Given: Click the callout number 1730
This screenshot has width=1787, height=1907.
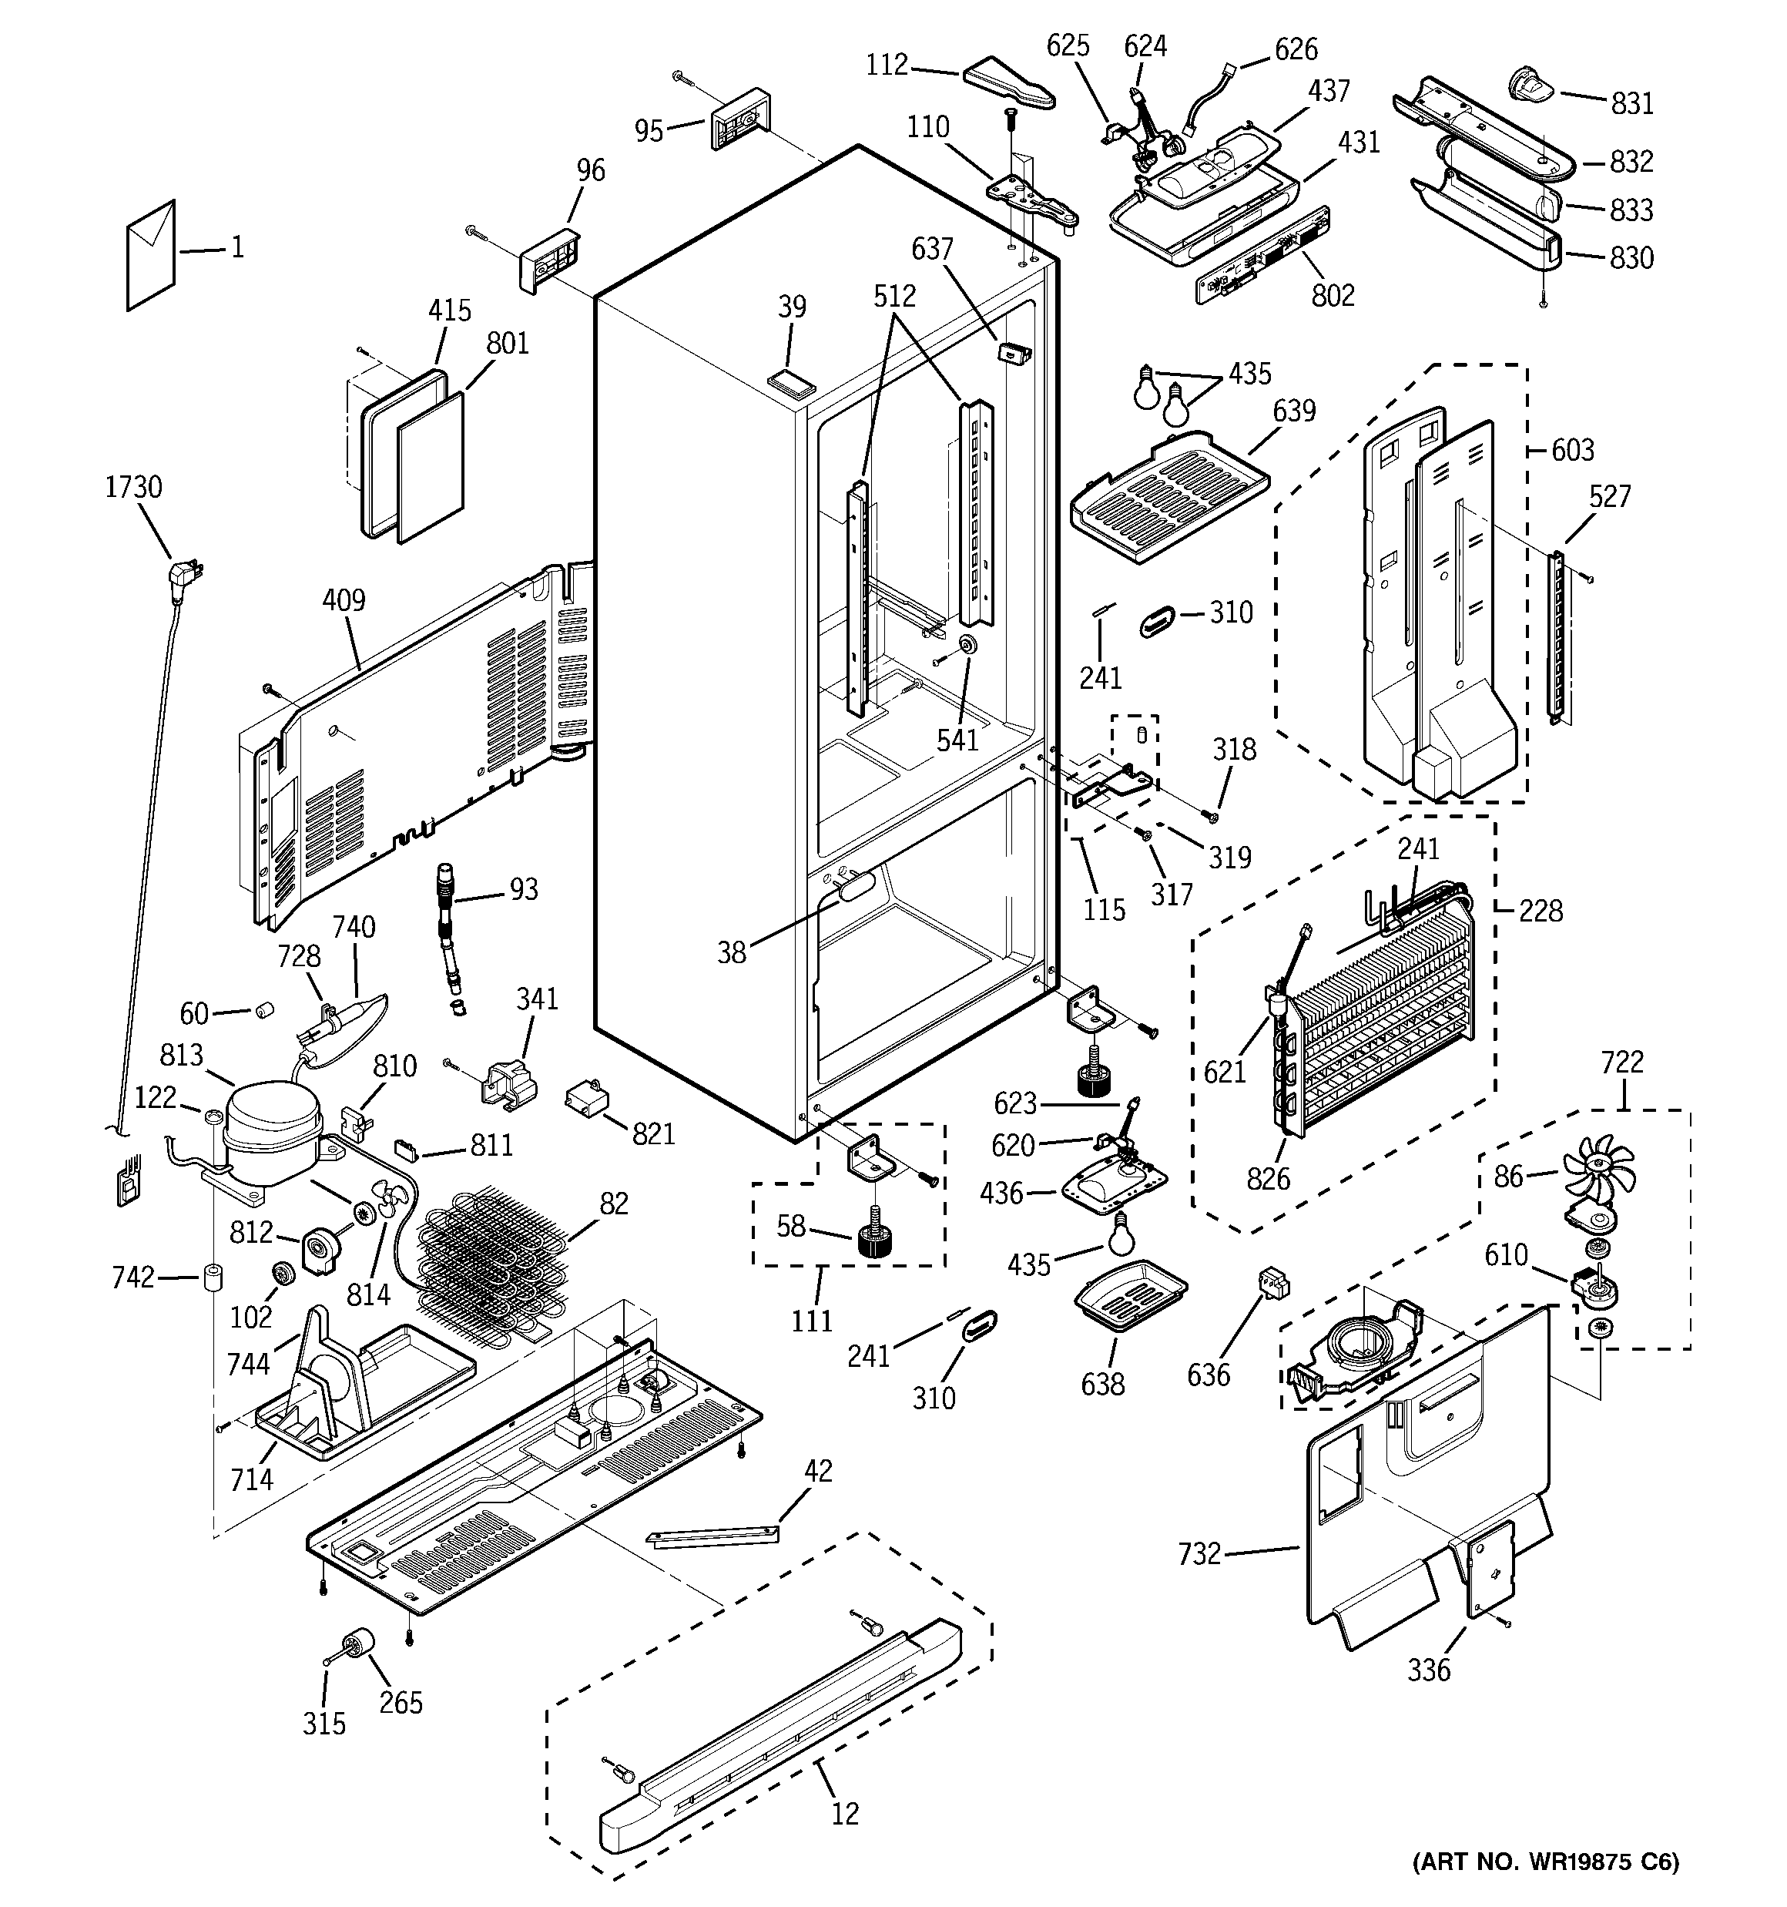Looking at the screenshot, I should point(133,487).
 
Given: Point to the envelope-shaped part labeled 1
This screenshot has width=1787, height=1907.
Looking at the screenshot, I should point(151,255).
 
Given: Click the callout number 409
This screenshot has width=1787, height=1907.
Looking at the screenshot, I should point(344,600).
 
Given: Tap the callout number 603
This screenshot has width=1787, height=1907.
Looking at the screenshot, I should point(1572,450).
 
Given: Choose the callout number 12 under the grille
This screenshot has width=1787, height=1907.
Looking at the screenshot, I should point(845,1814).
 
